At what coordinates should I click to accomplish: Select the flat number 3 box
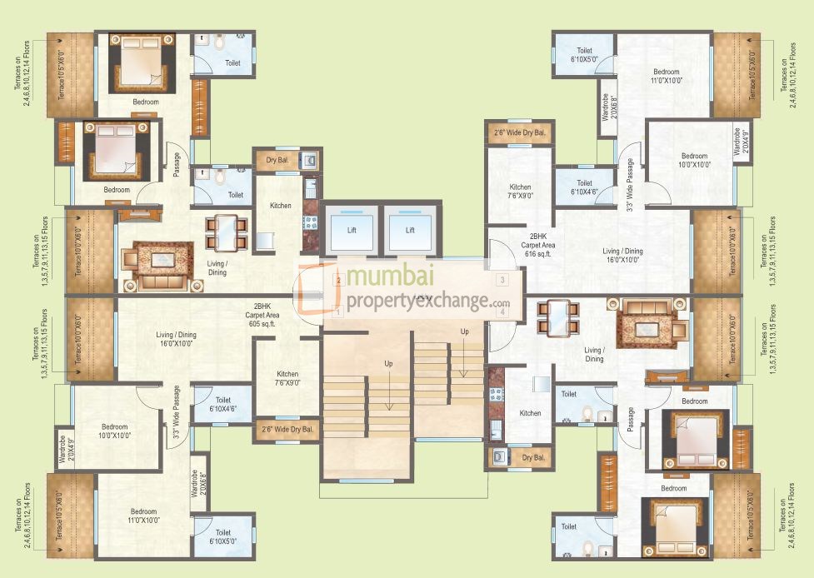[x=502, y=280]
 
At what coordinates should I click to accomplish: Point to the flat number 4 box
[x=502, y=311]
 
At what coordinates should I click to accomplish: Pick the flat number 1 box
[x=337, y=311]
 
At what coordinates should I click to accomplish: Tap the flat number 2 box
[x=337, y=281]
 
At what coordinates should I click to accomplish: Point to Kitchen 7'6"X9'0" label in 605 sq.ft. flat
[x=287, y=379]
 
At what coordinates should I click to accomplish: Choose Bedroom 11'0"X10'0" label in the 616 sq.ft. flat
[x=667, y=76]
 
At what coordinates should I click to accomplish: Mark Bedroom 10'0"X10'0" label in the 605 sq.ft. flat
[x=116, y=430]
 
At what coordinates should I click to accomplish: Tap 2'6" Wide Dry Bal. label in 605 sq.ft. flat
[x=287, y=430]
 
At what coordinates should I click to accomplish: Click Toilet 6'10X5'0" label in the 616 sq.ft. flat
[x=583, y=55]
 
